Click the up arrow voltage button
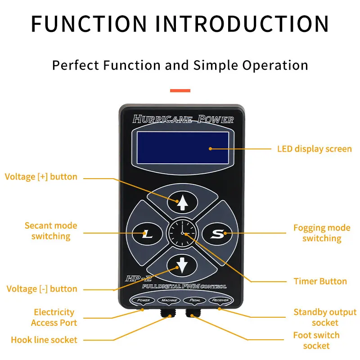pyautogui.click(x=183, y=202)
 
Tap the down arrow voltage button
pyautogui.click(x=183, y=265)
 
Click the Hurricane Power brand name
pyautogui.click(x=183, y=119)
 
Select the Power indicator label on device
pyautogui.click(x=143, y=300)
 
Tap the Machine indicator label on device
pyautogui.click(x=169, y=300)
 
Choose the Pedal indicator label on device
pyautogui.click(x=194, y=300)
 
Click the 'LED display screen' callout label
pyautogui.click(x=314, y=148)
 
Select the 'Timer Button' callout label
pyautogui.click(x=320, y=281)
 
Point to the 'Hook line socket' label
pyautogui.click(x=44, y=340)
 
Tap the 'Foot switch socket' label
pyautogui.click(x=316, y=340)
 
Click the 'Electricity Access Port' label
pyautogui.click(x=54, y=317)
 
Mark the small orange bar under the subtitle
pyautogui.click(x=180, y=90)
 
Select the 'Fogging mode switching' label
pyautogui.click(x=321, y=233)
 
